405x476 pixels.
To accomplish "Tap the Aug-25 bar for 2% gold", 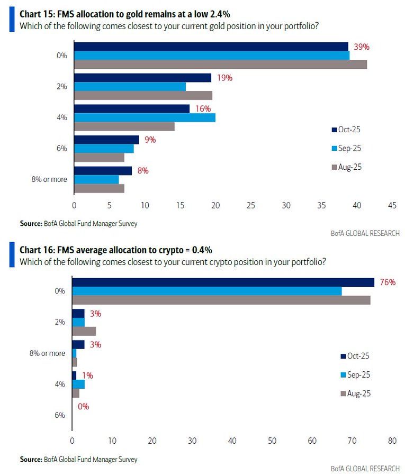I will (143, 95).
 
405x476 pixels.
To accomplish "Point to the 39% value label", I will (362, 47).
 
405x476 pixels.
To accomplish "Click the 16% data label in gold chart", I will (203, 108).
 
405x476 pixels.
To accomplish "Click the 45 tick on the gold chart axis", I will (392, 205).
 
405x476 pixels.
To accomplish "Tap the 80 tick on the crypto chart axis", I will (392, 440).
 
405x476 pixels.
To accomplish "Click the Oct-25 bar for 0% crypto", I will (223, 282).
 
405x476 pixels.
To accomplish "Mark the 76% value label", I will (388, 282).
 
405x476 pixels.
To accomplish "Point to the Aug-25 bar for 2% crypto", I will (84, 331).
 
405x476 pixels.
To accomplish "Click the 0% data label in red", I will (83, 407).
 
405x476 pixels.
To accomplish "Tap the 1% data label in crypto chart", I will (87, 376).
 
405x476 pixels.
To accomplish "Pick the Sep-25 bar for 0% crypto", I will (206, 291).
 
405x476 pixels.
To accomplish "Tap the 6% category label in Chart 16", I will (60, 415).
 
